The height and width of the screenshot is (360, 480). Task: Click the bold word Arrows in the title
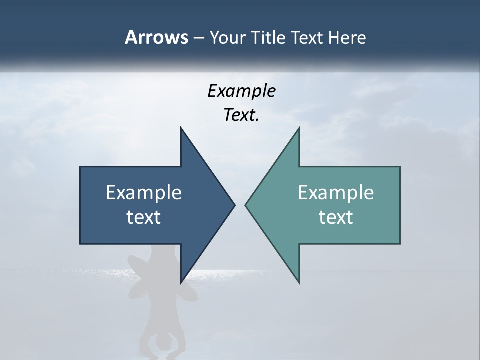(156, 37)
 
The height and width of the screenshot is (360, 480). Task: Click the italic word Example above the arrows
(241, 91)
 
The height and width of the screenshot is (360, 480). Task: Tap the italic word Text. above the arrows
(241, 115)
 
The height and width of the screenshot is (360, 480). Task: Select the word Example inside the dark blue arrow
(144, 192)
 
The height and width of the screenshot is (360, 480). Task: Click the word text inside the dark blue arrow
(144, 217)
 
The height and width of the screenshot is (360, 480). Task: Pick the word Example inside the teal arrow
(336, 192)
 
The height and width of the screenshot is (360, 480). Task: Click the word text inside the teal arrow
(336, 217)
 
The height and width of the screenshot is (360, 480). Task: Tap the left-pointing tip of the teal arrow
(246, 205)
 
